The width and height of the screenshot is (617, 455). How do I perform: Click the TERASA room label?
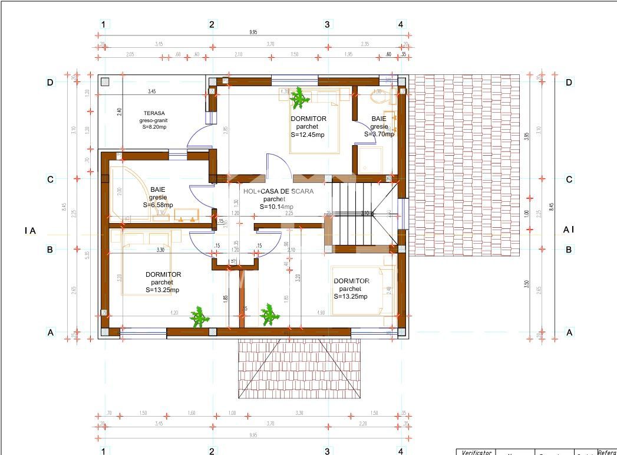[x=154, y=113]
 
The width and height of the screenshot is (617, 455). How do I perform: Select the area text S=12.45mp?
[x=308, y=135]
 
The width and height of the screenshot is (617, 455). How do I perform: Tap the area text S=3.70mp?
[x=379, y=134]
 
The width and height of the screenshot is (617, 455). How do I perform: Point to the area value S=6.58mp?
[x=158, y=205]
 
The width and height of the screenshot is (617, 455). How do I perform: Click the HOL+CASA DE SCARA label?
[x=279, y=191]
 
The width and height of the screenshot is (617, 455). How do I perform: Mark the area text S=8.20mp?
[x=154, y=127]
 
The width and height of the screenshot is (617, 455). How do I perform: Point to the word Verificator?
[x=476, y=452]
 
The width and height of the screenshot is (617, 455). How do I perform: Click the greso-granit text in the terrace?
[x=154, y=120]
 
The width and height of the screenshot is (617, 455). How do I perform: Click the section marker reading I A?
[x=30, y=231]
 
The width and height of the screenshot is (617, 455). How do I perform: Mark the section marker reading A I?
[x=569, y=230]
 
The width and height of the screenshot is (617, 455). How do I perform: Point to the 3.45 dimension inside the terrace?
[x=152, y=91]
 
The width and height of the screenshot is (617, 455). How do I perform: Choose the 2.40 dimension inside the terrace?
[x=119, y=111]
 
